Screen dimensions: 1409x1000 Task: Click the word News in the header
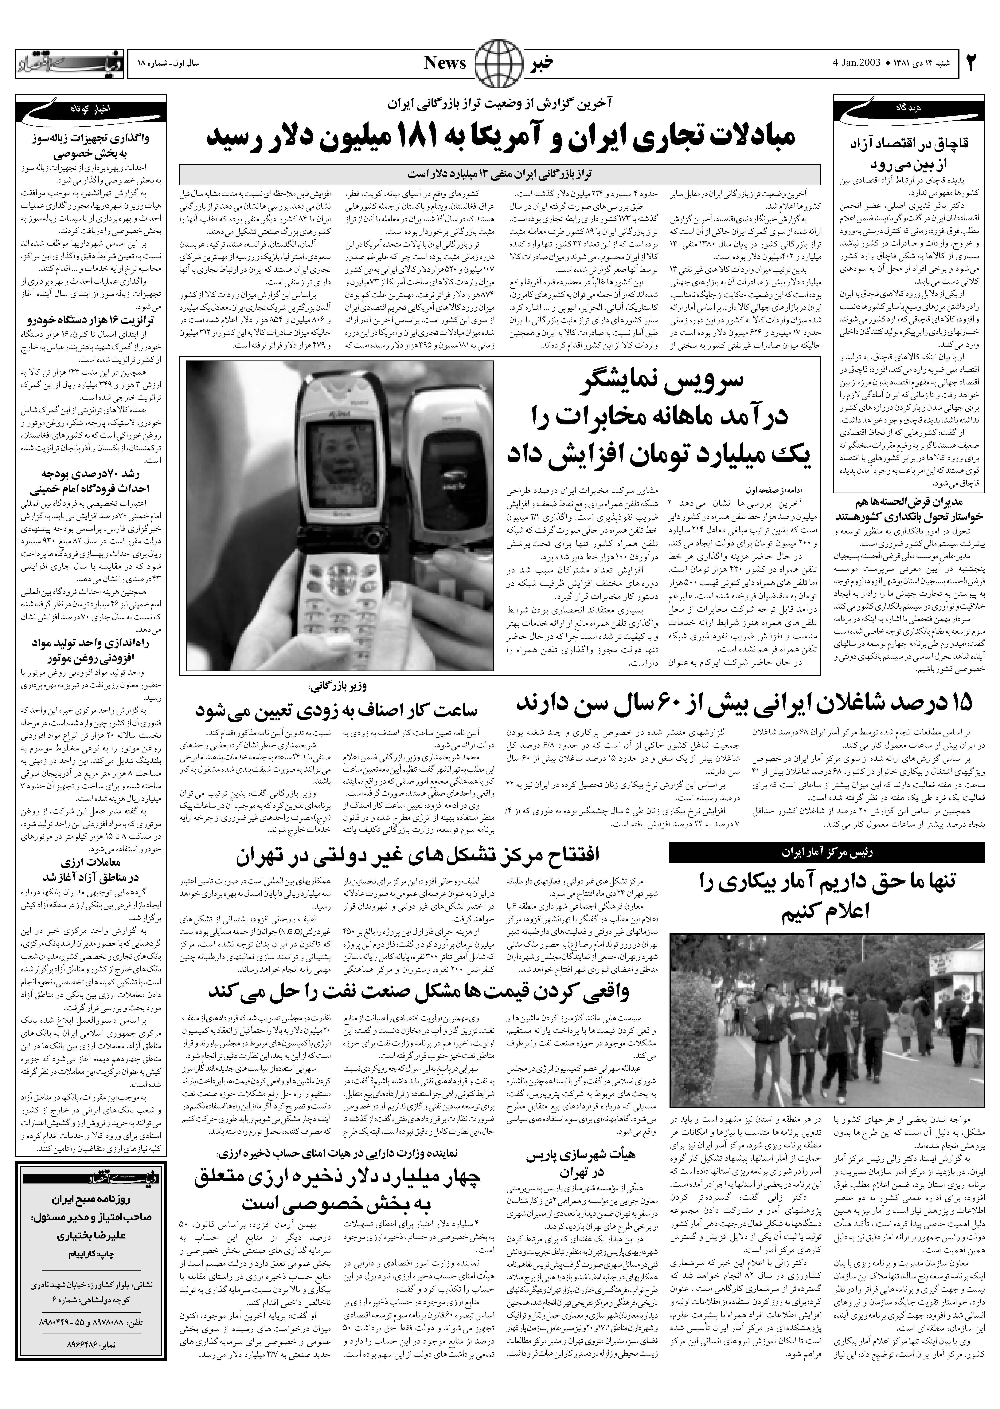point(445,63)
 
